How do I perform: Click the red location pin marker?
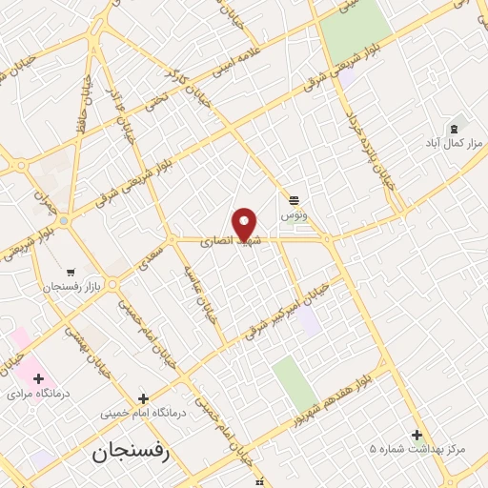point(245,225)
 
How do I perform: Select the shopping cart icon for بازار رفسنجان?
point(71,272)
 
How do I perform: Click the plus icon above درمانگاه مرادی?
point(38,378)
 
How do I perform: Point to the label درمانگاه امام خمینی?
point(143,415)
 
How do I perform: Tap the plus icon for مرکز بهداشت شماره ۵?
point(417,435)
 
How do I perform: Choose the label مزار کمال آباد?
point(455,143)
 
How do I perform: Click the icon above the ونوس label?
point(295,200)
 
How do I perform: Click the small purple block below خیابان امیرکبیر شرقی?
point(309,322)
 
